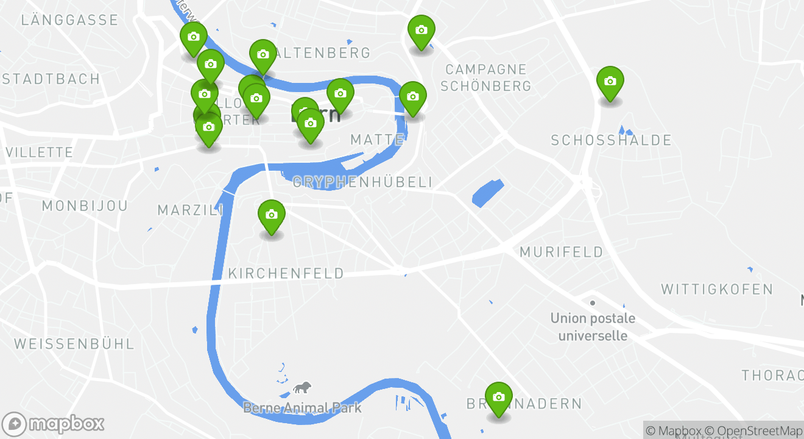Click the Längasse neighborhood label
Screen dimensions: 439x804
[69, 20]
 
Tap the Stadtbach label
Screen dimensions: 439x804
[51, 79]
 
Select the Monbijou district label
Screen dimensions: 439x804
[85, 206]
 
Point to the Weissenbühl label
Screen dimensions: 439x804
[74, 344]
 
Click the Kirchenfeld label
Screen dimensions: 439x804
[286, 274]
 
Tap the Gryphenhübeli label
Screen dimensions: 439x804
[363, 182]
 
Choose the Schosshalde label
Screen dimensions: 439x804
[611, 141]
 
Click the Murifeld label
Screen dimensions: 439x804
[562, 252]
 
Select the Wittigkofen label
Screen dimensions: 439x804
[717, 289]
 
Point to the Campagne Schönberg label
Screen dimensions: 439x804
[486, 77]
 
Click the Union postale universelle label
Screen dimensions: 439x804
[593, 327]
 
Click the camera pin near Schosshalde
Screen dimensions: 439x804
[610, 82]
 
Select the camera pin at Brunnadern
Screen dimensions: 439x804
[498, 398]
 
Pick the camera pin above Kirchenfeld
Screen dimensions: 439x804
[272, 215]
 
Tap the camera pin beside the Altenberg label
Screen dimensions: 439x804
[263, 55]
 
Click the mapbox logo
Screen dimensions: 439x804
[54, 424]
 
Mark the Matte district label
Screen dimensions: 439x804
[376, 140]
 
